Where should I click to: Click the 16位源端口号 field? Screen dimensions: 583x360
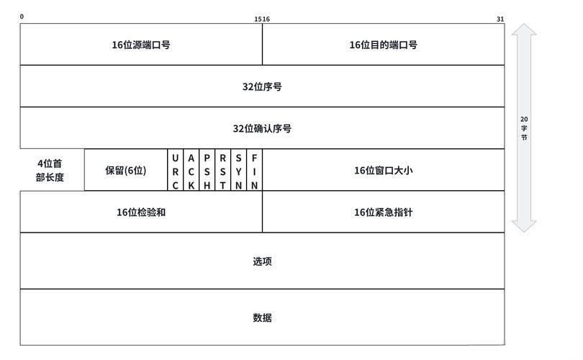tap(141, 45)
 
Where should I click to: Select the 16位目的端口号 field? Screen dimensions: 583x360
tap(383, 45)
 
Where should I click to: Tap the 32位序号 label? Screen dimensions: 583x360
tap(262, 86)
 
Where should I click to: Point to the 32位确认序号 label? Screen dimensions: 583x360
tap(262, 128)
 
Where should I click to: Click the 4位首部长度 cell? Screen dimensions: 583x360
tap(51, 170)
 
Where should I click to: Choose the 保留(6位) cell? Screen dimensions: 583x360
tap(126, 170)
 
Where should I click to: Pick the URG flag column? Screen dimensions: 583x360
tap(176, 171)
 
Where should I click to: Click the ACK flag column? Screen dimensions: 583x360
tap(191, 171)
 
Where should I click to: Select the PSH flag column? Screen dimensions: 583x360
tap(207, 171)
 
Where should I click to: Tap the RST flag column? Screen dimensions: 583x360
tap(223, 171)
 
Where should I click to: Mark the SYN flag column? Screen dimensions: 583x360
tap(239, 171)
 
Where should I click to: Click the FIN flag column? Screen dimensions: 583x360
tap(255, 171)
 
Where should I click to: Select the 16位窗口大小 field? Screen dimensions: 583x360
tap(383, 170)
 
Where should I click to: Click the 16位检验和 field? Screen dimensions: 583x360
tap(141, 212)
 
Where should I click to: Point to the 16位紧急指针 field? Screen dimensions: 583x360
tap(383, 212)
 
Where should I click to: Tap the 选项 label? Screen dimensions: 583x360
tap(262, 261)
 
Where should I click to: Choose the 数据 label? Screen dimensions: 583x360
tap(262, 318)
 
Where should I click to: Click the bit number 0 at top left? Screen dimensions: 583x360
tap(22, 17)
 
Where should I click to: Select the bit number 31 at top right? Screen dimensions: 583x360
tap(500, 19)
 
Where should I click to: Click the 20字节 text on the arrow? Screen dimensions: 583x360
tap(524, 127)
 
